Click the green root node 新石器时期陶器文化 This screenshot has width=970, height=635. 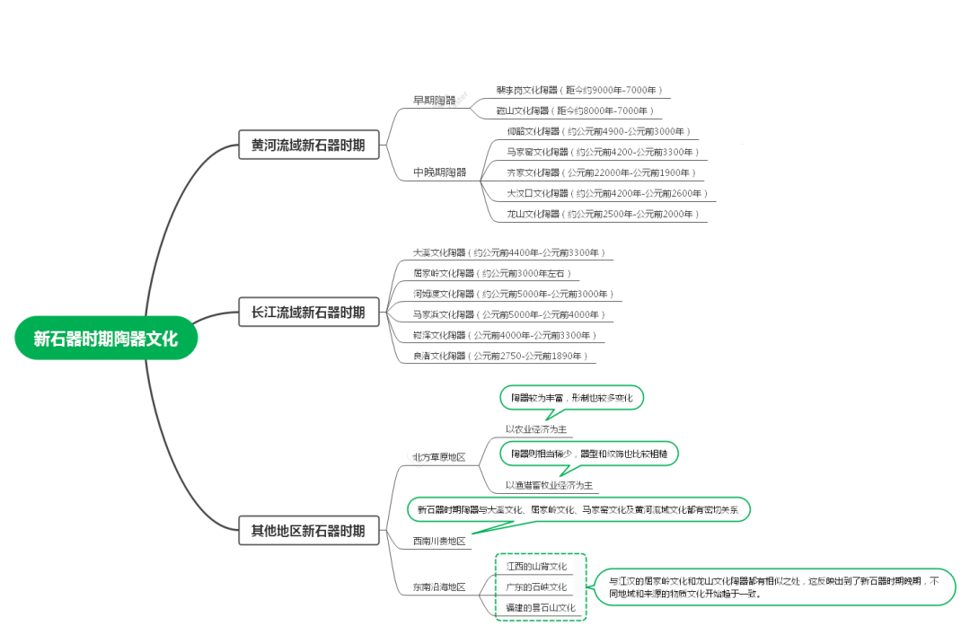105,339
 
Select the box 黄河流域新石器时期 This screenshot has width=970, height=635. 308,145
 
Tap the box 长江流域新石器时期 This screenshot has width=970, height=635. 308,313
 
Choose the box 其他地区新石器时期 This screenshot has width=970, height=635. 308,531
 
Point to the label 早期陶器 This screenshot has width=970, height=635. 434,100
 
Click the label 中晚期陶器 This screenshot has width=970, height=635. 439,172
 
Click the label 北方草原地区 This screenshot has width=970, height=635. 439,457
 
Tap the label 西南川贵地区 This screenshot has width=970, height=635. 439,541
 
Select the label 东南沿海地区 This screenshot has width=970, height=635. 439,586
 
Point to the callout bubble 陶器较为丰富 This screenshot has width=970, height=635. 571,397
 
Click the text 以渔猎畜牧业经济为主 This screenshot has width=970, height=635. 549,485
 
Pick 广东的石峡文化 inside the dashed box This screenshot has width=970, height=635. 536,586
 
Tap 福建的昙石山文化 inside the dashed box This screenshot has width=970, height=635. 540,607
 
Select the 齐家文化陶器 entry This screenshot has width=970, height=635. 601,172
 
